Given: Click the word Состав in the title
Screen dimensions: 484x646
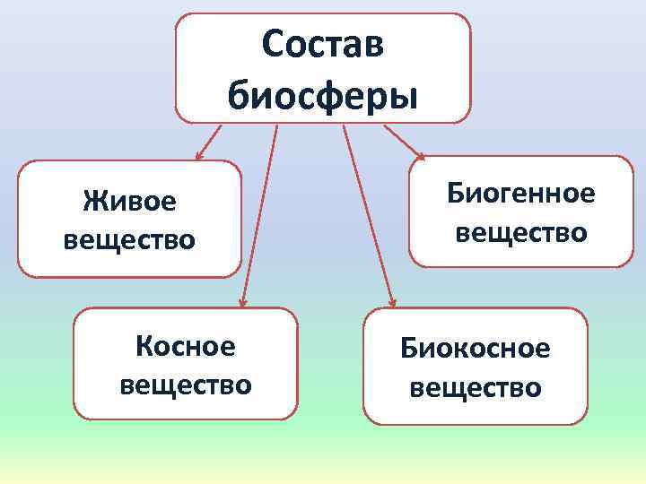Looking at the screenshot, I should click(x=323, y=45).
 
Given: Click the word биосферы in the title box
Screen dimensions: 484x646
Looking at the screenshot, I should click(x=323, y=93).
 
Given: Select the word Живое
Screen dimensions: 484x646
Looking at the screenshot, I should click(x=129, y=201).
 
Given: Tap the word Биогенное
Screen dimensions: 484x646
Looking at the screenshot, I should click(x=520, y=194).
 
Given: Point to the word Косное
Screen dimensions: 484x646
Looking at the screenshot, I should click(x=185, y=346).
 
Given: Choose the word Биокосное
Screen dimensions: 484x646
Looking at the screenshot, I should click(x=475, y=348).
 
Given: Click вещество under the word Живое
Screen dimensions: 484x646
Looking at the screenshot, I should click(x=129, y=240).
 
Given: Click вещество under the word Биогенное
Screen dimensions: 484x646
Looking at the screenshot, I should click(x=520, y=233).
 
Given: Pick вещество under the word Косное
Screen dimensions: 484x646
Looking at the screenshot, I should click(x=185, y=385).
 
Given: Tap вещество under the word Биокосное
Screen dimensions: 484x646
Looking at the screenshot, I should click(x=475, y=387).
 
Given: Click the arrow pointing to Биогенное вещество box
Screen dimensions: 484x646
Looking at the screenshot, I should click(x=406, y=143).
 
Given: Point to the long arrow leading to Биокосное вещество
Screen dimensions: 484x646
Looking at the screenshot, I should click(x=368, y=215).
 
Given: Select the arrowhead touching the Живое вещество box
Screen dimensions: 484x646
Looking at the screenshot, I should click(x=199, y=157).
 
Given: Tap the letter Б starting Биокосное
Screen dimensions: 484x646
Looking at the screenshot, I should click(x=408, y=348).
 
